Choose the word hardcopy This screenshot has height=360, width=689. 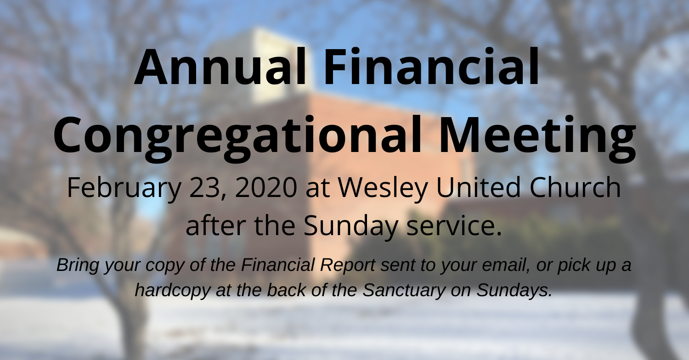click(173, 291)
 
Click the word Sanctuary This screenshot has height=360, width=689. click(404, 291)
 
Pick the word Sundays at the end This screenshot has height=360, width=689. click(514, 291)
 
